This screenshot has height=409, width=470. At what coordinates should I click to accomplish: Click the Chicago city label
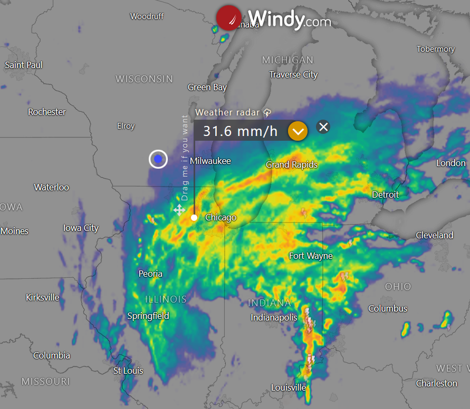pyautogui.click(x=220, y=217)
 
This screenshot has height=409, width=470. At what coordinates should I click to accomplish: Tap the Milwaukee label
pyautogui.click(x=210, y=161)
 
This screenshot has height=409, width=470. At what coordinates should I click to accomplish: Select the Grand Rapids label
pyautogui.click(x=292, y=165)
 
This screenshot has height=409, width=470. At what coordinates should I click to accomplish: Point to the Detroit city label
pyautogui.click(x=385, y=194)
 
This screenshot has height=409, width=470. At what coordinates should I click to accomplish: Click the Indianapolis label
pyautogui.click(x=274, y=317)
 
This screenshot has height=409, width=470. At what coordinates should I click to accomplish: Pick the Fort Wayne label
pyautogui.click(x=311, y=256)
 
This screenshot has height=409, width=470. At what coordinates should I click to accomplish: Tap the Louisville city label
pyautogui.click(x=289, y=387)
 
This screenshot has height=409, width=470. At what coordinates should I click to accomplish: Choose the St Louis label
pyautogui.click(x=128, y=371)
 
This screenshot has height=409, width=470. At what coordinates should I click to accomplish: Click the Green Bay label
pyautogui.click(x=207, y=87)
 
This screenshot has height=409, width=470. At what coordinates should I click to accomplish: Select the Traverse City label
pyautogui.click(x=293, y=75)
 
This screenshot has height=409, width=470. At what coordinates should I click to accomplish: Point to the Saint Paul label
pyautogui.click(x=24, y=65)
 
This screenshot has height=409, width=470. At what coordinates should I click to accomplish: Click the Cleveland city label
pyautogui.click(x=434, y=235)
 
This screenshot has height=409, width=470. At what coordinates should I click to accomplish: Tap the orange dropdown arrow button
pyautogui.click(x=298, y=131)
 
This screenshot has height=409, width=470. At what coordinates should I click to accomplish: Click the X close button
pyautogui.click(x=323, y=126)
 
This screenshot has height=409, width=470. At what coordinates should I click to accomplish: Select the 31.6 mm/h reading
pyautogui.click(x=240, y=131)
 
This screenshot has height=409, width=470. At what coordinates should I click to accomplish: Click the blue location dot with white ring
pyautogui.click(x=158, y=159)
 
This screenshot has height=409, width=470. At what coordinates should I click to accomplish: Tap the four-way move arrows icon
pyautogui.click(x=179, y=210)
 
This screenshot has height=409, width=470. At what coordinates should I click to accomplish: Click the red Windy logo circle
pyautogui.click(x=228, y=18)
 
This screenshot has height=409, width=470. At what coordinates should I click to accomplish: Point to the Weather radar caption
pyautogui.click(x=228, y=112)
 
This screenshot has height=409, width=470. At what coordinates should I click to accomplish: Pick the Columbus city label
pyautogui.click(x=388, y=308)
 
